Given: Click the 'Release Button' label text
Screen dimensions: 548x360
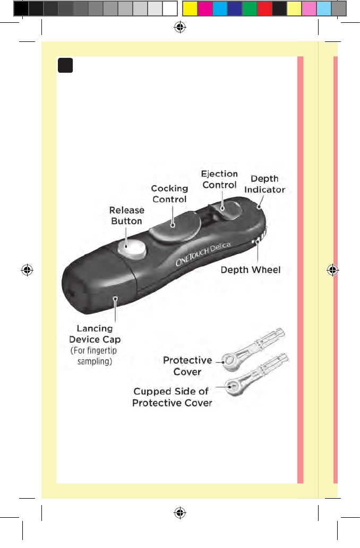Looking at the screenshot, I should pos(126,215).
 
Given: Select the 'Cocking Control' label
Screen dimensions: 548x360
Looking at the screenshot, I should pos(169,194).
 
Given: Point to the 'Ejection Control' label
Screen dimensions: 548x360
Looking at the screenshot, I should pos(219,179).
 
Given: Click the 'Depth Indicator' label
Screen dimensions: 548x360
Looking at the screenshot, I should pos(264,184).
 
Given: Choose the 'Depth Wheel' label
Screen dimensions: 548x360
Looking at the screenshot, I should pos(251,270).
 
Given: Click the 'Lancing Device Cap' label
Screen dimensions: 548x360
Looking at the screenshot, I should pos(95,334).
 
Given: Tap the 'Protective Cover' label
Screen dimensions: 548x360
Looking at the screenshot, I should pos(187,366).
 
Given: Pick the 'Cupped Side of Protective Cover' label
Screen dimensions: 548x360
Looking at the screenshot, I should pos(172,397).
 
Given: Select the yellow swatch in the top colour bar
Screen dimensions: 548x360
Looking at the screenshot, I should pos(190,8).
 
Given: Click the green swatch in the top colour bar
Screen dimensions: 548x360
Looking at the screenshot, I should pos(249,8).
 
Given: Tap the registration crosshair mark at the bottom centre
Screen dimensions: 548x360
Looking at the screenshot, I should pos(179,513).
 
